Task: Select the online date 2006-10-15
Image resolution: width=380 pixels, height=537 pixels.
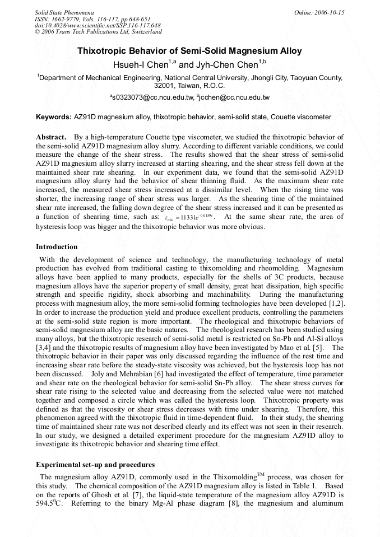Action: point(330,12)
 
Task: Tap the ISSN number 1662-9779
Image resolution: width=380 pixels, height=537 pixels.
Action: point(66,19)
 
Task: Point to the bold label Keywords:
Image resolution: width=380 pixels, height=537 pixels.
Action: point(54,117)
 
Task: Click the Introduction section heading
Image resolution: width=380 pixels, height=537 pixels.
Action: point(57,246)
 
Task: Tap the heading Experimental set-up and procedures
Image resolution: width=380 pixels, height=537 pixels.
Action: point(95,465)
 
